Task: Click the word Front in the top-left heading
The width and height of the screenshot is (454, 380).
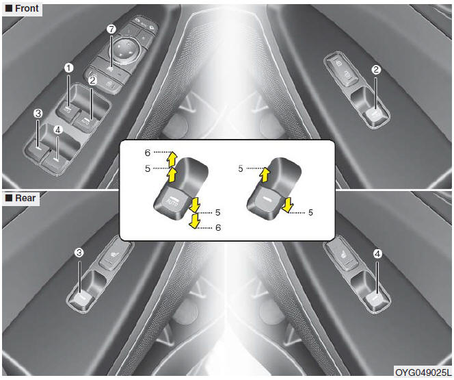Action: (x=27, y=8)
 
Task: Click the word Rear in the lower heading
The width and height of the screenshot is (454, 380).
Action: (x=25, y=198)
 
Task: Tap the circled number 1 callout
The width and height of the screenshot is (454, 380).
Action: (x=68, y=68)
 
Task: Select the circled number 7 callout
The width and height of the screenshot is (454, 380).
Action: (x=111, y=29)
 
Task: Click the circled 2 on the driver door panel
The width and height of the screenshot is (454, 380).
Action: (x=92, y=81)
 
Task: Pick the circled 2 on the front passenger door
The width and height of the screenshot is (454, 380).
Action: (x=376, y=70)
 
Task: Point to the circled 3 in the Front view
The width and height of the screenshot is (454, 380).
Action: (x=38, y=114)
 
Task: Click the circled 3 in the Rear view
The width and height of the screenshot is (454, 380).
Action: (x=79, y=253)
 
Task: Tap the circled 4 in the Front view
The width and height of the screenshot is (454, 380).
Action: (x=58, y=130)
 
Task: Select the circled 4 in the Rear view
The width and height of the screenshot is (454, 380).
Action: (x=377, y=254)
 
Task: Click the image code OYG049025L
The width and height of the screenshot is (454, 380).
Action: (x=423, y=372)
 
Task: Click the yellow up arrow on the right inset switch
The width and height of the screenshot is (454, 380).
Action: (x=265, y=175)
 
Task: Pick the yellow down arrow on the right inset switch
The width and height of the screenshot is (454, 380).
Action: (x=287, y=205)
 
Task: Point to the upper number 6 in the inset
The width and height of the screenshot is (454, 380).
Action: (x=148, y=153)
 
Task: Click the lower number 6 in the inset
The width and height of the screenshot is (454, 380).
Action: (x=218, y=227)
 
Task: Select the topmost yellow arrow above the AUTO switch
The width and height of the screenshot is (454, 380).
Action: (x=172, y=159)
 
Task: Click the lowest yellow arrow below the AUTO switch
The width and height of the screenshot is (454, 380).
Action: (x=194, y=221)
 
